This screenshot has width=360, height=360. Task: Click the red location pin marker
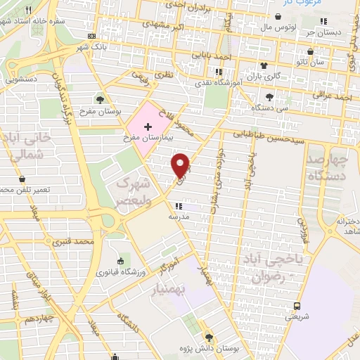tap(181, 165)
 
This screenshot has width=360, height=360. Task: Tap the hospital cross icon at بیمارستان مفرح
tap(147, 126)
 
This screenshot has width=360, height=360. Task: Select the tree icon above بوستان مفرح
tap(101, 99)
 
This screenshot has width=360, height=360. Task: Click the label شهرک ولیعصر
tap(133, 191)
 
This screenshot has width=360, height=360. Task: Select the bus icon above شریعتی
tap(297, 305)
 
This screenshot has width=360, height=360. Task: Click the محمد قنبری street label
tap(77, 243)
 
